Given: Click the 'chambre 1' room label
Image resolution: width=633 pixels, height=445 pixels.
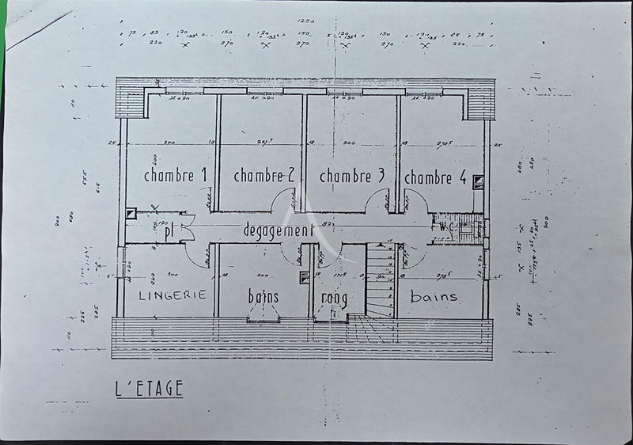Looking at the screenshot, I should click(x=175, y=176).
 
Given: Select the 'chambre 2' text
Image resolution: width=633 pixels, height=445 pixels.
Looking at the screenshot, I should click(x=264, y=176).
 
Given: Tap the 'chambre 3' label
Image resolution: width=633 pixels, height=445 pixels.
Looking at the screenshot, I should click(x=351, y=176).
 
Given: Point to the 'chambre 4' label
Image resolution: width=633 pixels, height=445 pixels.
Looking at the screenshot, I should click(x=434, y=178).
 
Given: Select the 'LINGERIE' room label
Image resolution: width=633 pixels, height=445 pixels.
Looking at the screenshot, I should click(x=172, y=295).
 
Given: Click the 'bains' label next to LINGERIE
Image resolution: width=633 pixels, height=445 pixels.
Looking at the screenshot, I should click(x=263, y=296).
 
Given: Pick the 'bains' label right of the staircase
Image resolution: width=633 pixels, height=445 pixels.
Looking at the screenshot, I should click(x=434, y=296).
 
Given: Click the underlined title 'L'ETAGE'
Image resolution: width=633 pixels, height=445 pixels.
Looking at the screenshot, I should click(x=149, y=389).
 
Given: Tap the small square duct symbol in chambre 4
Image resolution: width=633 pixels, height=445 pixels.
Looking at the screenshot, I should click(x=478, y=181).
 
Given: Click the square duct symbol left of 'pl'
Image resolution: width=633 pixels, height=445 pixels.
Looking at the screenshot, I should click(x=131, y=212).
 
